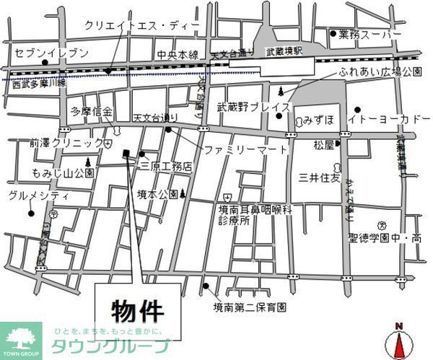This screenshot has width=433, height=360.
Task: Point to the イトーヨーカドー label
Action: (390, 118)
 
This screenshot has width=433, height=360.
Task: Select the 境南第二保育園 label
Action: (250, 307)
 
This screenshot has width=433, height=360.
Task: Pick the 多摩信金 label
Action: (92, 112)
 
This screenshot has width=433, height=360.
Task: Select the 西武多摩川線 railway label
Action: (39, 84)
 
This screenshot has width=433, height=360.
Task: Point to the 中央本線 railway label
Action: (178, 53)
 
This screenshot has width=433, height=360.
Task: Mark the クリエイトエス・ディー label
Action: (141, 25)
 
